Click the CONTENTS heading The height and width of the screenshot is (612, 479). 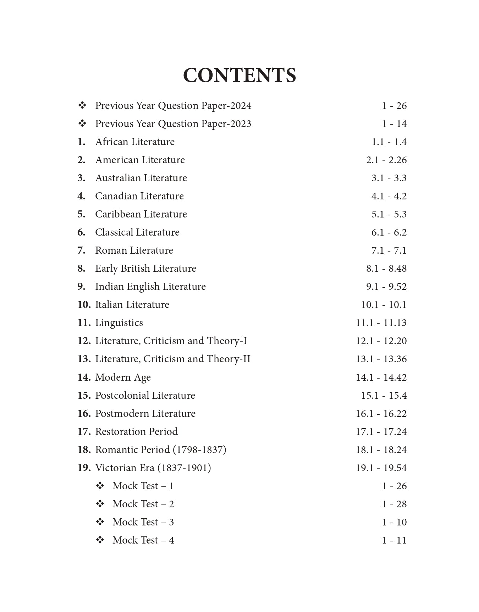click(239, 75)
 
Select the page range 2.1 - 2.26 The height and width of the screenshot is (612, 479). click(386, 160)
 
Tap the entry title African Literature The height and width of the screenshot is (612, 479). click(135, 142)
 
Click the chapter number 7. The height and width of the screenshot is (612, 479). click(81, 250)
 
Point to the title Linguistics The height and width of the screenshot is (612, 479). click(119, 323)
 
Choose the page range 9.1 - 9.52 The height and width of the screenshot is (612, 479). click(386, 287)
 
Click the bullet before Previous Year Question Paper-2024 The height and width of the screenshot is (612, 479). click(82, 106)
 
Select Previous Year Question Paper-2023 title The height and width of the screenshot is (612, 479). click(173, 124)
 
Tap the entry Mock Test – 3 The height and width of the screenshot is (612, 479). click(143, 522)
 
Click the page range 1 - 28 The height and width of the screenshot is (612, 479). click(394, 504)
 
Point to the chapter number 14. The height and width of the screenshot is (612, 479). click(84, 377)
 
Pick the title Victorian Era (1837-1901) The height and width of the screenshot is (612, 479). click(153, 468)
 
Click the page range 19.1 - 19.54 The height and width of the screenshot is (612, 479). click(381, 468)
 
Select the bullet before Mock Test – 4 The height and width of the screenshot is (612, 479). click(100, 540)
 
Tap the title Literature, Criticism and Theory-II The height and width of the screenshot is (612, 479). click(173, 359)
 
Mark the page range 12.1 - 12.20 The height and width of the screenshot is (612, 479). click(381, 341)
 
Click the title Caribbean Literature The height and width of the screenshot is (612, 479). click(141, 214)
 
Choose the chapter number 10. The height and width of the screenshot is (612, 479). click(84, 305)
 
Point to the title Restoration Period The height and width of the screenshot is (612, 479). click(136, 432)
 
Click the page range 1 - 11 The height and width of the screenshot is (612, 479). click(394, 540)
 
